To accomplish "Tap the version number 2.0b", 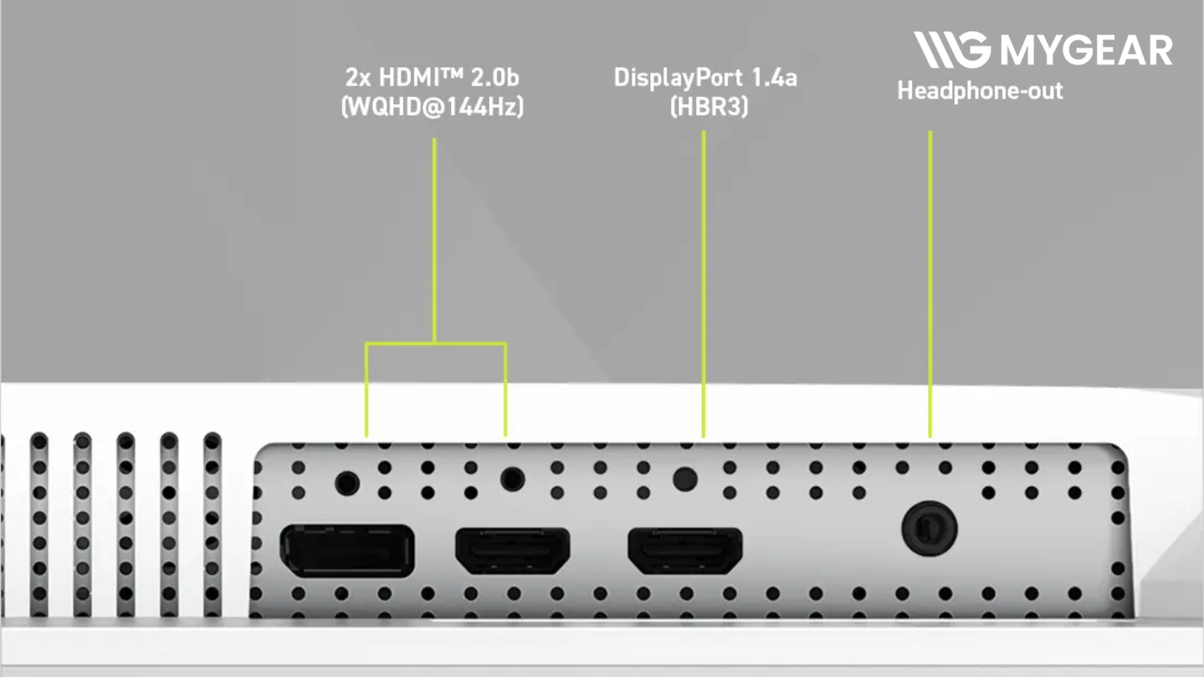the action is (495, 78).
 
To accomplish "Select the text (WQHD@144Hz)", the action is (432, 107).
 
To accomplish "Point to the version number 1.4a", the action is (774, 78).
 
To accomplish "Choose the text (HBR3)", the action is (709, 107).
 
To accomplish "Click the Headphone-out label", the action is (980, 92).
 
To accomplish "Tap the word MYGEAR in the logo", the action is (1086, 50).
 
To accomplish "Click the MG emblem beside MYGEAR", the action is (952, 50).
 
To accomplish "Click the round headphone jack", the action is (929, 528).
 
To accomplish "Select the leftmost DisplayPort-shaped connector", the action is (347, 550).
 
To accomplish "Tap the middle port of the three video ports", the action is (512, 550).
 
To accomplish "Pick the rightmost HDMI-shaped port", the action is (685, 550).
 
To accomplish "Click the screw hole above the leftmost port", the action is (347, 483).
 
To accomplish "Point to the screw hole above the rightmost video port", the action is (685, 480).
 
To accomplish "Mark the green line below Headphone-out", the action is (930, 284).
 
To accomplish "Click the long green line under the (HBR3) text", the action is (704, 284).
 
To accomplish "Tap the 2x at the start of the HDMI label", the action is (357, 78).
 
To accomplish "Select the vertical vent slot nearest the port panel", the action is (213, 524).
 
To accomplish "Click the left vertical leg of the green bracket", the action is (367, 389).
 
